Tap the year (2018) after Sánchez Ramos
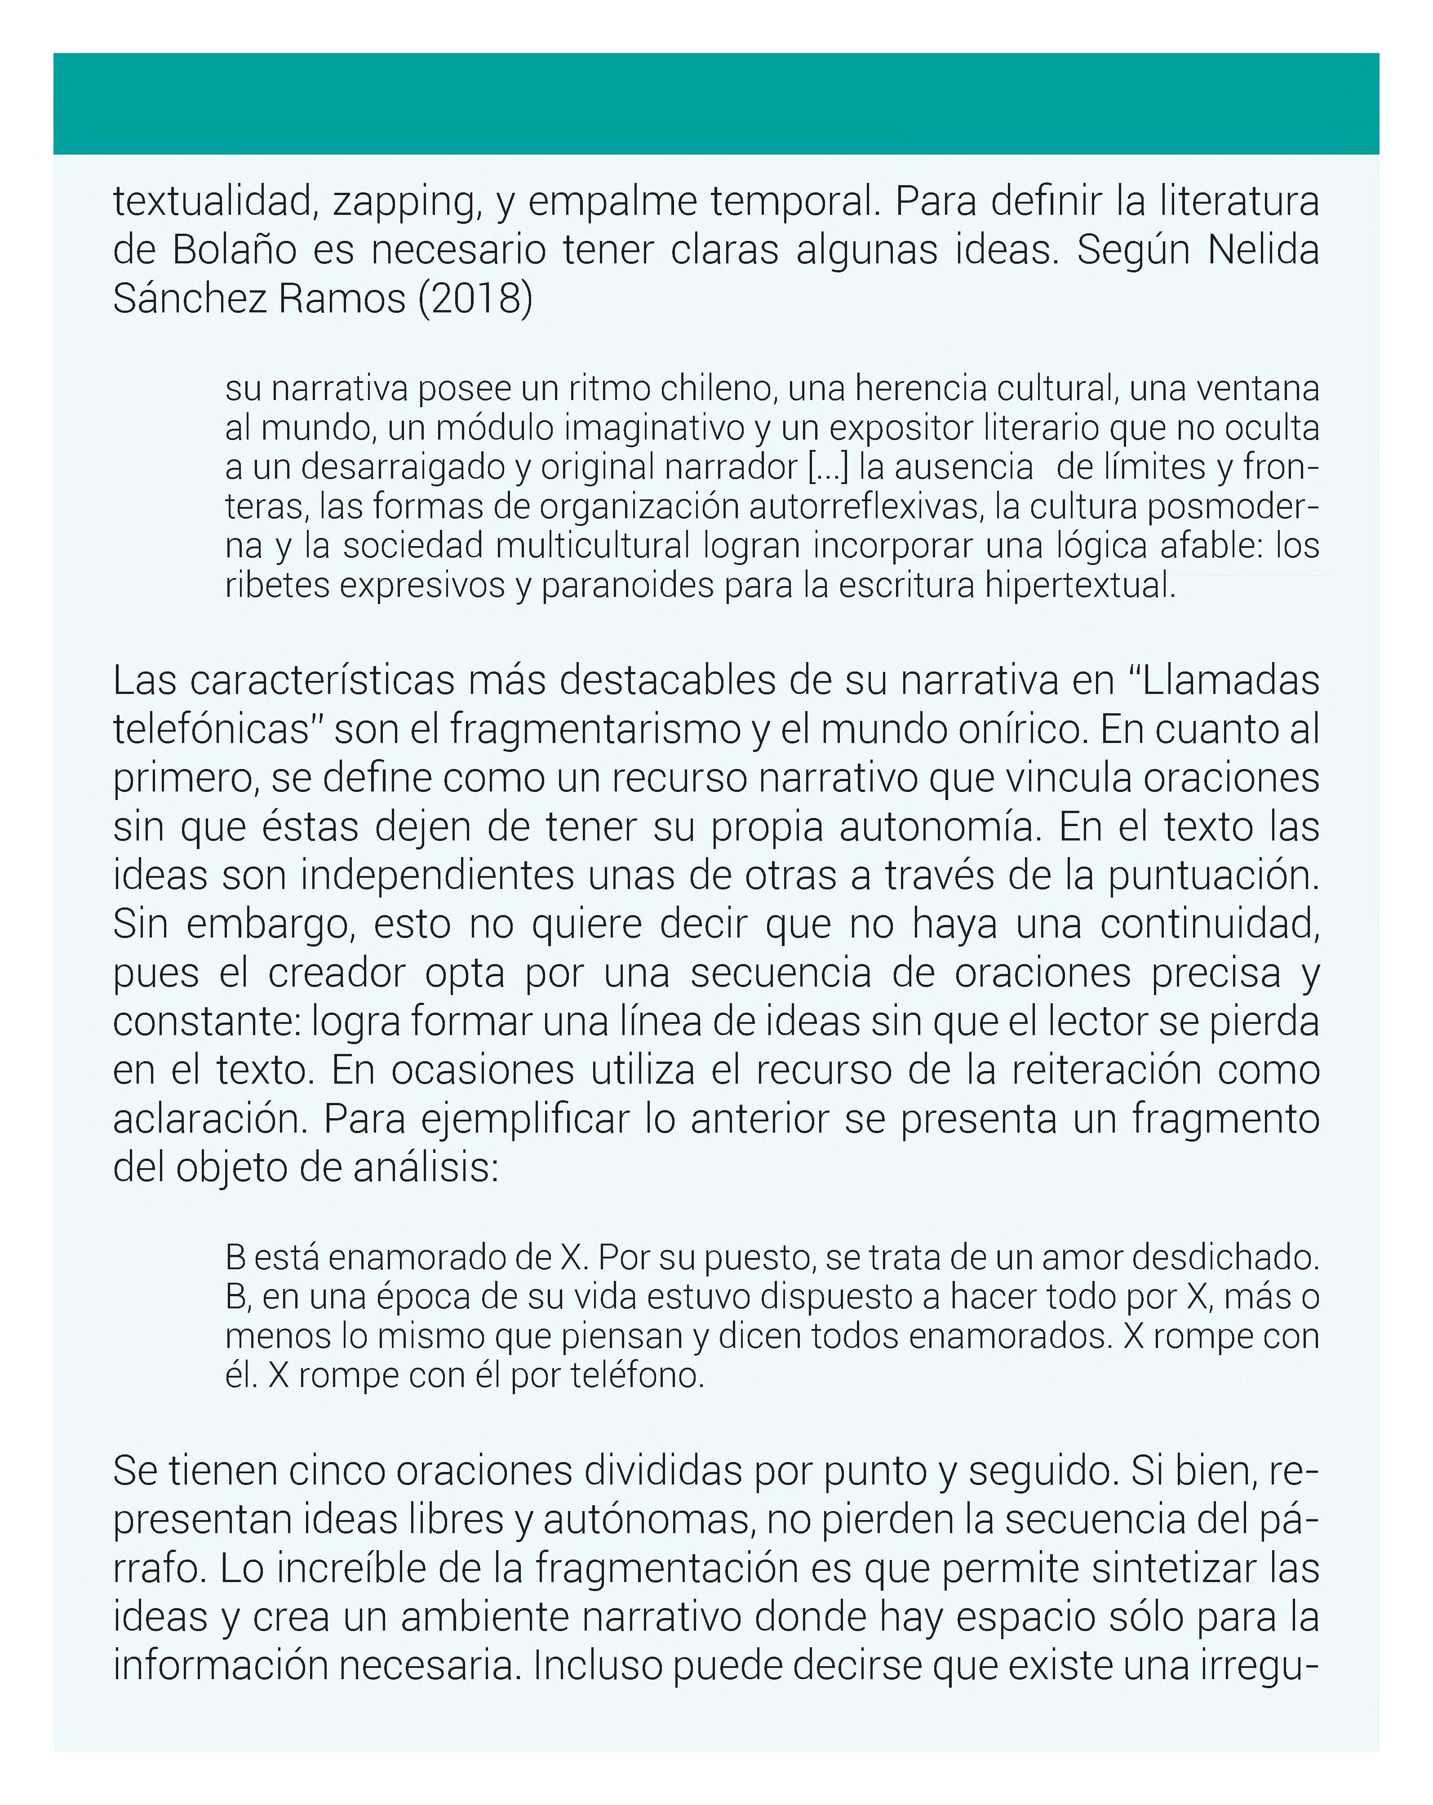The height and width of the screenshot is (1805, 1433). click(x=475, y=299)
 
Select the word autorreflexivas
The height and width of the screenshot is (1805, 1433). click(x=858, y=507)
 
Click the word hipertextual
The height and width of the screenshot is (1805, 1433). click(x=1080, y=585)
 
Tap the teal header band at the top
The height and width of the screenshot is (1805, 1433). click(x=716, y=103)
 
